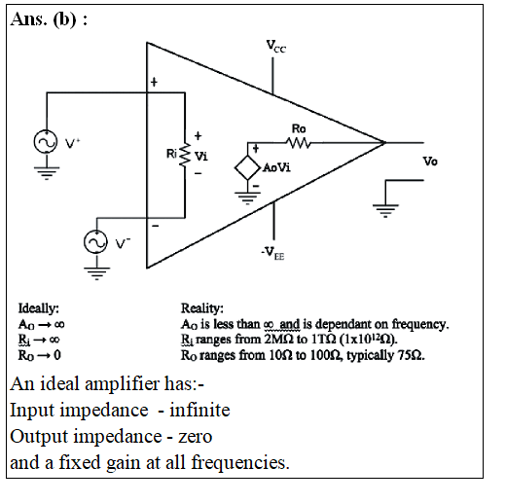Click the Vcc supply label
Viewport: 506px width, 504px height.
(276, 47)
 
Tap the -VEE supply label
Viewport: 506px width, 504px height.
(272, 253)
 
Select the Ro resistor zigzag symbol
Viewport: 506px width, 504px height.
(299, 142)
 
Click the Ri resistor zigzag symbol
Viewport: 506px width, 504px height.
(185, 155)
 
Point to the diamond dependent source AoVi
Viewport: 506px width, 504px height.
(247, 167)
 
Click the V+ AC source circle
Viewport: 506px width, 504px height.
(46, 142)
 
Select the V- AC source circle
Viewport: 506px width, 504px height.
(95, 242)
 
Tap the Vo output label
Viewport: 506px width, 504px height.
(430, 162)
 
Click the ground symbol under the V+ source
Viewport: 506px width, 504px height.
(47, 173)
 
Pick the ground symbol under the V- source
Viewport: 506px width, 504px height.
(96, 273)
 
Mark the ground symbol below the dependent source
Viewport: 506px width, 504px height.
(247, 198)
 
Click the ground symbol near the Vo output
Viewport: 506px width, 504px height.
(385, 211)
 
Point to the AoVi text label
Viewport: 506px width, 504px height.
(276, 167)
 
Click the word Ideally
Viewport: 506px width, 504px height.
(39, 308)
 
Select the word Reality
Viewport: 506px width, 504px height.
(202, 308)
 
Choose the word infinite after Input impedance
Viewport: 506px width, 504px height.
(199, 410)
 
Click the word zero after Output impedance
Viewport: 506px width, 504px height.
(196, 437)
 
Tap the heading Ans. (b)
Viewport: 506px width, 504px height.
(49, 18)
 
